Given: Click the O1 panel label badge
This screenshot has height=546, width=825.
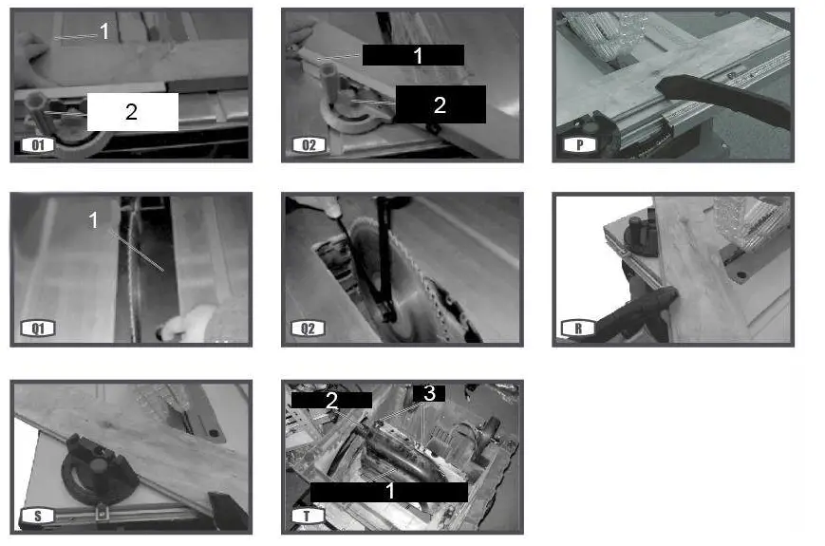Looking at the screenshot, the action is click(x=38, y=145).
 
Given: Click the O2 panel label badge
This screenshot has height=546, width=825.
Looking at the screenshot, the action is click(x=309, y=145).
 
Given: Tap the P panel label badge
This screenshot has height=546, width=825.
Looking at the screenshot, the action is click(x=579, y=145).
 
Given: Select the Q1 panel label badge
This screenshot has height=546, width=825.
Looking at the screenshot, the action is click(x=38, y=329).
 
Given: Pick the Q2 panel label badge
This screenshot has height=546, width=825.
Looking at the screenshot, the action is click(x=309, y=329).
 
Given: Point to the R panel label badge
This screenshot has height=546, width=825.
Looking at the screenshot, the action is click(x=579, y=329).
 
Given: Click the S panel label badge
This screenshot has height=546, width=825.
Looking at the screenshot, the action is click(x=38, y=516).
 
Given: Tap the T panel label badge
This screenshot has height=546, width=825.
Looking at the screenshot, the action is click(x=308, y=516).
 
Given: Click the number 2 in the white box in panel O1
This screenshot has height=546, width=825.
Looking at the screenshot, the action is click(x=132, y=112).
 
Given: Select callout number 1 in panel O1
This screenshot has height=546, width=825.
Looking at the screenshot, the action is click(x=104, y=31).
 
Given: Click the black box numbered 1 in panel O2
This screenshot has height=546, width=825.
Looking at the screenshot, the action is click(x=413, y=55).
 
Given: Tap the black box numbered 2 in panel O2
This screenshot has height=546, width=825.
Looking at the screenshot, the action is click(x=441, y=104).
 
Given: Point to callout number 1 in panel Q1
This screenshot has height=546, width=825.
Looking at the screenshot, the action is click(x=93, y=220).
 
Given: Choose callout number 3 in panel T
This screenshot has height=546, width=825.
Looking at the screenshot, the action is click(x=429, y=393).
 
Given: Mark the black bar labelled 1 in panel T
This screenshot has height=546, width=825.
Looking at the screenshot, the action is click(x=389, y=492).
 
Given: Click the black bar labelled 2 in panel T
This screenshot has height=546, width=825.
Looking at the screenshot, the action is click(x=331, y=401).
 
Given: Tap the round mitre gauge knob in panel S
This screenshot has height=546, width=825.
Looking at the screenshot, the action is click(x=99, y=464).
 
